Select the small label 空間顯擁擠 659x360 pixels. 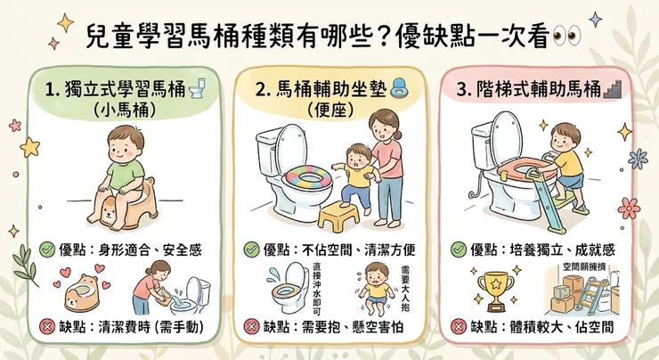(x=583, y=266)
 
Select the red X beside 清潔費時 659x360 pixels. (x=49, y=327)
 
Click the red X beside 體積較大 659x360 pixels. (x=459, y=327)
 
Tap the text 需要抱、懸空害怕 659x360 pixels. (x=335, y=327)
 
